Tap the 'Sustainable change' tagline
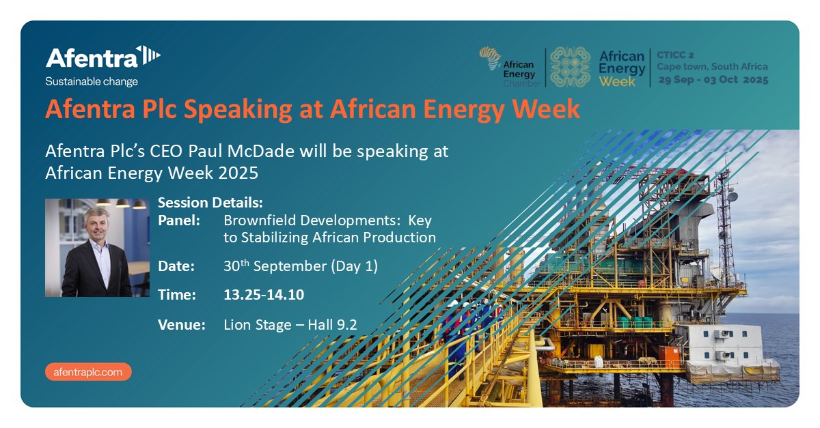pos(91,82)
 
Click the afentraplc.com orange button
pos(88,372)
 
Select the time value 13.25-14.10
pos(264,295)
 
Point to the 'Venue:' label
pos(182,325)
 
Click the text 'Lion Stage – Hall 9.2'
pos(290,325)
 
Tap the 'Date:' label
pos(176,266)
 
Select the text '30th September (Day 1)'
pos(300,266)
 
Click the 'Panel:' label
pos(179,221)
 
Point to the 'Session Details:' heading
pos(210,203)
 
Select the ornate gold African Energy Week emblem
pos(570,67)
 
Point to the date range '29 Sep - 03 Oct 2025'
pos(713,80)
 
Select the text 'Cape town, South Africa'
pos(713,67)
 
